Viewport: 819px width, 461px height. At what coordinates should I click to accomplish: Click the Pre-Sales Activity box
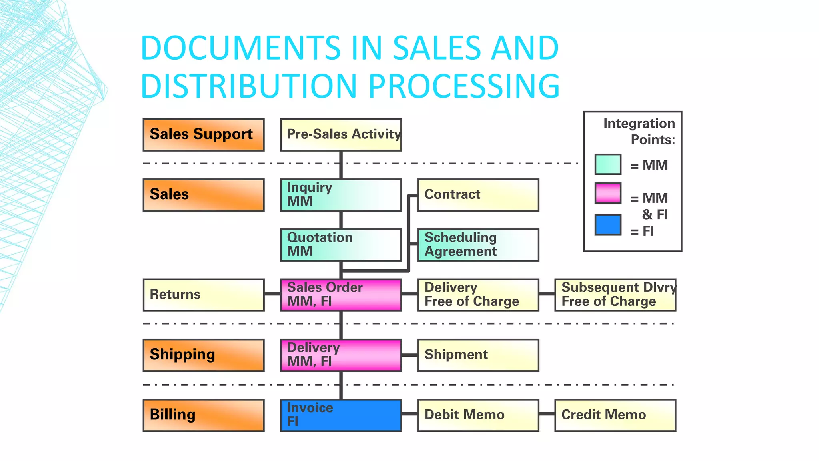click(x=341, y=135)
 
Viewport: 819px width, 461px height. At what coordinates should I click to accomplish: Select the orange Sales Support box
click(x=204, y=135)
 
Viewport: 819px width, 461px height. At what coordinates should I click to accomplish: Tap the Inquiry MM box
click(x=341, y=195)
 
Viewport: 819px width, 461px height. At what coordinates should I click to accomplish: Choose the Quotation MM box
click(x=341, y=245)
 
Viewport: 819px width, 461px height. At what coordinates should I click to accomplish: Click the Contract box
click(x=478, y=195)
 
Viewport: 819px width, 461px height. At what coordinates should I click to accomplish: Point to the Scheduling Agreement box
click(x=478, y=245)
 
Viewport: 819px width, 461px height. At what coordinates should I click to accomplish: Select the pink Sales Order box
click(x=341, y=295)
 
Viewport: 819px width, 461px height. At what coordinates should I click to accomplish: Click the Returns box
click(x=204, y=295)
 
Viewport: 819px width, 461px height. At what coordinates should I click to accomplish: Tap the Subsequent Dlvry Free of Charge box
click(x=615, y=295)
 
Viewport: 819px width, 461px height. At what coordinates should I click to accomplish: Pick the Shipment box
click(x=478, y=355)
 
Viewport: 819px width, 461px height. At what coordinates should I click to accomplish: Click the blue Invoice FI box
click(x=341, y=415)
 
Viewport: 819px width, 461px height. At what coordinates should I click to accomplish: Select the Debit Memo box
click(x=478, y=415)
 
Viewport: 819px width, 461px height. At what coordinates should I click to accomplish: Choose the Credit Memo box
click(x=615, y=415)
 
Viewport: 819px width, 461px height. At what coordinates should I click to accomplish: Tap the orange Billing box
click(x=204, y=415)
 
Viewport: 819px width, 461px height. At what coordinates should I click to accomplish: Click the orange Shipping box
click(x=204, y=355)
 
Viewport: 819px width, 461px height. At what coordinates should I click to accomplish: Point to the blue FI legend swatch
click(x=608, y=225)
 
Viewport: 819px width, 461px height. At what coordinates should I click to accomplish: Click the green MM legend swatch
click(x=608, y=164)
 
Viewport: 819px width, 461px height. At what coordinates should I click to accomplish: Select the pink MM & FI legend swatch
click(x=608, y=193)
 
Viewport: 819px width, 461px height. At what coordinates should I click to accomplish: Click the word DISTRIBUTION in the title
click(x=248, y=86)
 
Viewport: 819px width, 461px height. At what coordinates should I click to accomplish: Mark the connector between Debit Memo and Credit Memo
click(x=547, y=414)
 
